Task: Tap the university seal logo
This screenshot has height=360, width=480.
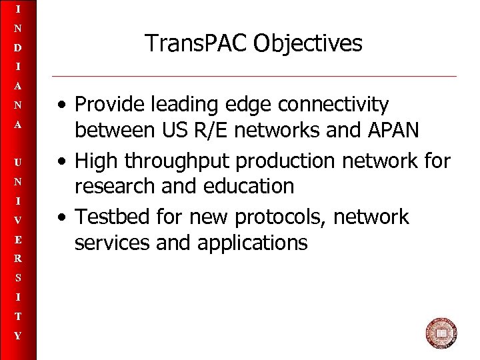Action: pyautogui.click(x=441, y=333)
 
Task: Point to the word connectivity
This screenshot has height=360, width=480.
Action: pyautogui.click(x=333, y=105)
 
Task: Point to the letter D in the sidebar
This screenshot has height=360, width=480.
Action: pyautogui.click(x=18, y=48)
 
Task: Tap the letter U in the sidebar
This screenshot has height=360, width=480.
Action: pyautogui.click(x=18, y=163)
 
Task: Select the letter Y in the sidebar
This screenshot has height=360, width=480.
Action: pyautogui.click(x=18, y=336)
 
